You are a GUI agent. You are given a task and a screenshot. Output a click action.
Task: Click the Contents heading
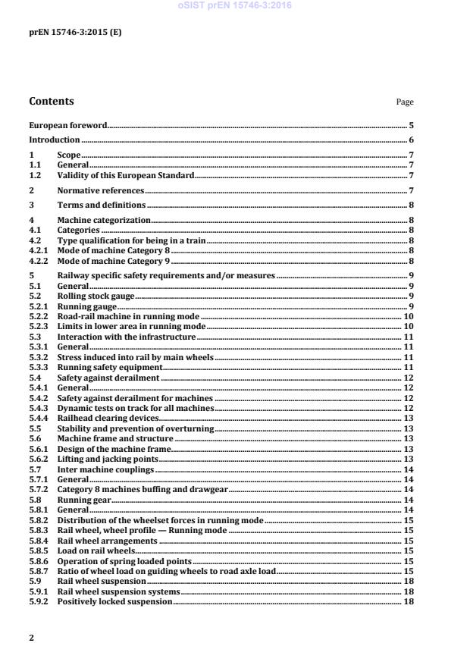52,101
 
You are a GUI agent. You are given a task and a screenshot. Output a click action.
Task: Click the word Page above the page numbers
405,102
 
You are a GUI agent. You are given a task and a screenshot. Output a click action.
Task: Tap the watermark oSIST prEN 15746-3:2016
234,6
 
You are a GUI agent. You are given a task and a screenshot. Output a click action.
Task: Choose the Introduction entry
54,140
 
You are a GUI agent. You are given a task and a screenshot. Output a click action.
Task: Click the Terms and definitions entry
102,205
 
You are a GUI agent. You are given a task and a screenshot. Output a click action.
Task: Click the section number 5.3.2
38,356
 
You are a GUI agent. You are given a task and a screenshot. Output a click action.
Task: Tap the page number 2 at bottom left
31,638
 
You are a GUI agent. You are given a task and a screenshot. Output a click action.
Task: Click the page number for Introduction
411,140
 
